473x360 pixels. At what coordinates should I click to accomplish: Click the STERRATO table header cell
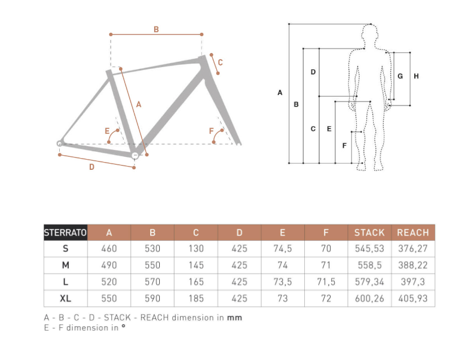tap(65, 232)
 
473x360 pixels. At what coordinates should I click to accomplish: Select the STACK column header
tap(370, 232)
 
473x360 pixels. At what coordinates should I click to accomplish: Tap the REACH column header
tap(413, 232)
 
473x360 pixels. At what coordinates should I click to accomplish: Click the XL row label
tap(65, 298)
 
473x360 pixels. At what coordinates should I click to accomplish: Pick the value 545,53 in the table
tap(370, 248)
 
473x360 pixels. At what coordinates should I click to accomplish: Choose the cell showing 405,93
tap(413, 298)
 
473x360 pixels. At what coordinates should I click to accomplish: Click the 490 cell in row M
tap(109, 265)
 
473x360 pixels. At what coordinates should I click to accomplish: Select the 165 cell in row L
tap(196, 282)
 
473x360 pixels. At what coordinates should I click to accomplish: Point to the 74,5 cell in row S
tap(283, 248)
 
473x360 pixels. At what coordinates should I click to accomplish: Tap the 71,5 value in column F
tap(326, 282)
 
